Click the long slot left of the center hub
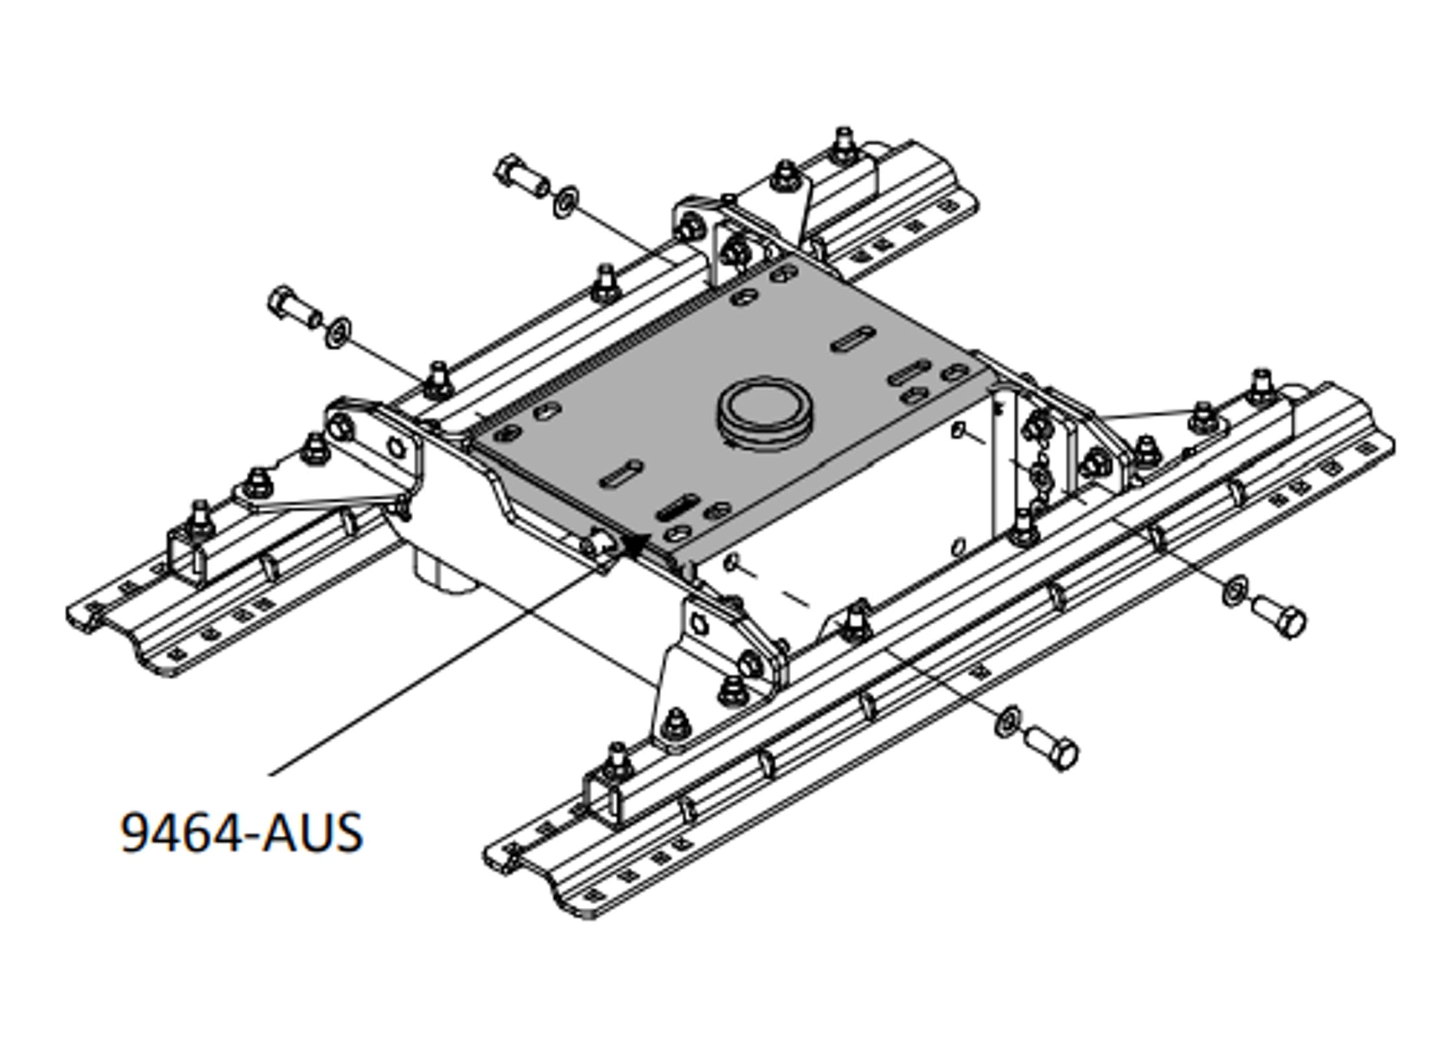pyautogui.click(x=621, y=473)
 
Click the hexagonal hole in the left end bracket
pyautogui.click(x=396, y=448)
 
